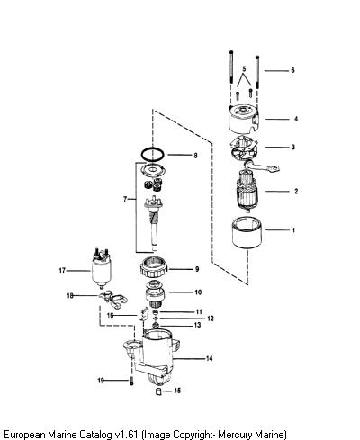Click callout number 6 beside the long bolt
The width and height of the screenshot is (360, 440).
pyautogui.click(x=292, y=70)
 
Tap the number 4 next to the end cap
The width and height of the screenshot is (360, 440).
pyautogui.click(x=296, y=119)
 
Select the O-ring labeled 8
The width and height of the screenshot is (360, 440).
pyautogui.click(x=153, y=155)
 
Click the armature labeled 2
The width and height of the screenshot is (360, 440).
pyautogui.click(x=247, y=191)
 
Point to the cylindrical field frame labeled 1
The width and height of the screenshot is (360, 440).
pyautogui.click(x=247, y=232)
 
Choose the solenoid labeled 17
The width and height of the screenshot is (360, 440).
pyautogui.click(x=101, y=269)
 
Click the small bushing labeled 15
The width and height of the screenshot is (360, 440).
pyautogui.click(x=159, y=391)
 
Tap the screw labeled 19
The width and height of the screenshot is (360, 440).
pyautogui.click(x=131, y=381)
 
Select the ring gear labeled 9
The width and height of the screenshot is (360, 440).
pyautogui.click(x=154, y=267)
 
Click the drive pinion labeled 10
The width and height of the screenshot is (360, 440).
pyautogui.click(x=154, y=294)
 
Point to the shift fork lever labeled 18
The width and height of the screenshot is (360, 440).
pyautogui.click(x=113, y=300)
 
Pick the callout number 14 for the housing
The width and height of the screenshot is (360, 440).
pyautogui.click(x=209, y=358)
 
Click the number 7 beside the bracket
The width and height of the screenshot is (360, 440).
pyautogui.click(x=125, y=199)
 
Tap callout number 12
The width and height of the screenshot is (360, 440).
pyautogui.click(x=211, y=319)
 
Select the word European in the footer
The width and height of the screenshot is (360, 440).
pyautogui.click(x=25, y=434)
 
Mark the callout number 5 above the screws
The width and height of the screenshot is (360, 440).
pyautogui.click(x=244, y=69)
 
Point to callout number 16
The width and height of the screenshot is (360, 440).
pyautogui.click(x=110, y=315)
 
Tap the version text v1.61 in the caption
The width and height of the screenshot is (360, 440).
pyautogui.click(x=127, y=434)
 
